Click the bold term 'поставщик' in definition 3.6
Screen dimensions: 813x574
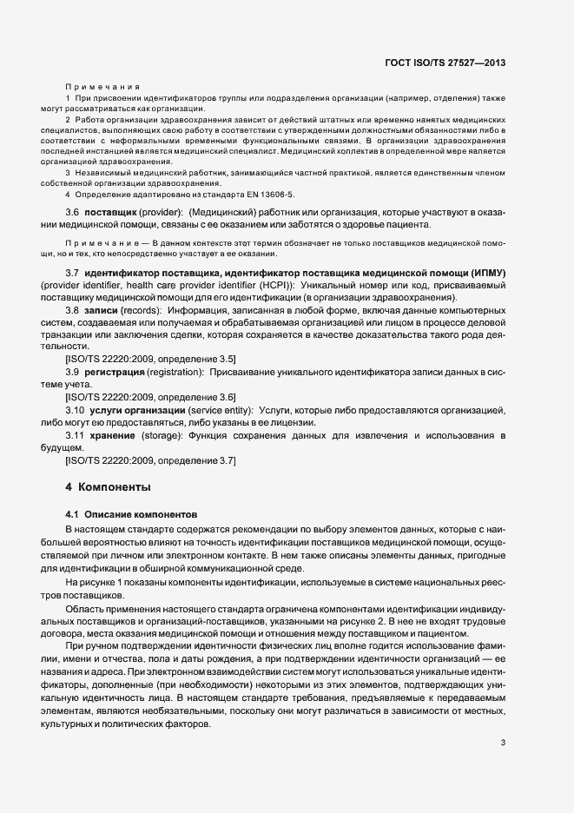[x=110, y=213]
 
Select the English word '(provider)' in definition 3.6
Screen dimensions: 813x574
[x=161, y=213]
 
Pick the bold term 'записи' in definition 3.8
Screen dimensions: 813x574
[x=102, y=310]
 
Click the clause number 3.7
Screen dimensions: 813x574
[x=73, y=274]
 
